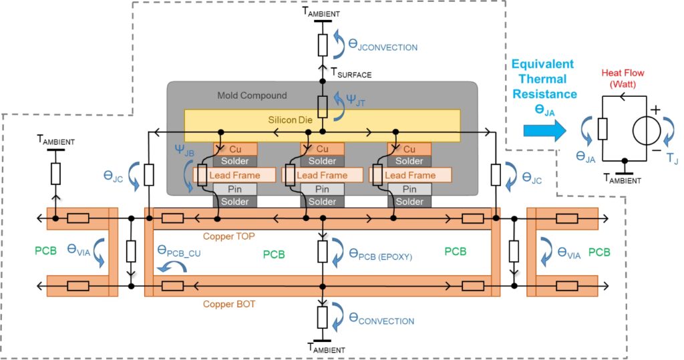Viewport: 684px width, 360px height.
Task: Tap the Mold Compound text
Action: (252, 96)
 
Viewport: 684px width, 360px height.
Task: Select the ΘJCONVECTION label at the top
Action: (383, 47)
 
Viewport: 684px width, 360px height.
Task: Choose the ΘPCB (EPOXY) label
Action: (385, 253)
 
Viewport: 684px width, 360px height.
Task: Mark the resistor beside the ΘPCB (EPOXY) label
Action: (322, 252)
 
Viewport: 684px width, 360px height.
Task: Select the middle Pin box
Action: (322, 188)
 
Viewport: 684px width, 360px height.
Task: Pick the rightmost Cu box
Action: (409, 148)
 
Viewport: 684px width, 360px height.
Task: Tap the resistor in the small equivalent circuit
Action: (603, 128)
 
